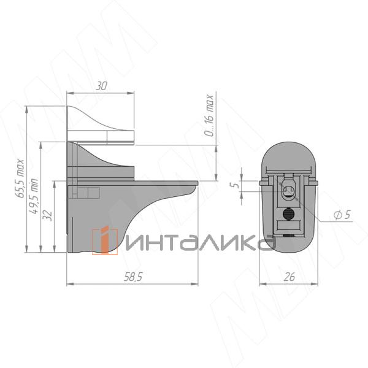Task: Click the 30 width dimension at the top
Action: pos(101,86)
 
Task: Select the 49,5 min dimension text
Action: pos(35,194)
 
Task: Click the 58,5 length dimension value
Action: pos(132,277)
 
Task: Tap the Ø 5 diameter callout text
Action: pos(342,215)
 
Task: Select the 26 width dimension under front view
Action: pos(289,277)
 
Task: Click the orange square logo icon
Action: pos(104,240)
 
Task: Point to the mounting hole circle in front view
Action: pos(288,194)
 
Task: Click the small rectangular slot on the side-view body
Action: pos(86,193)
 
